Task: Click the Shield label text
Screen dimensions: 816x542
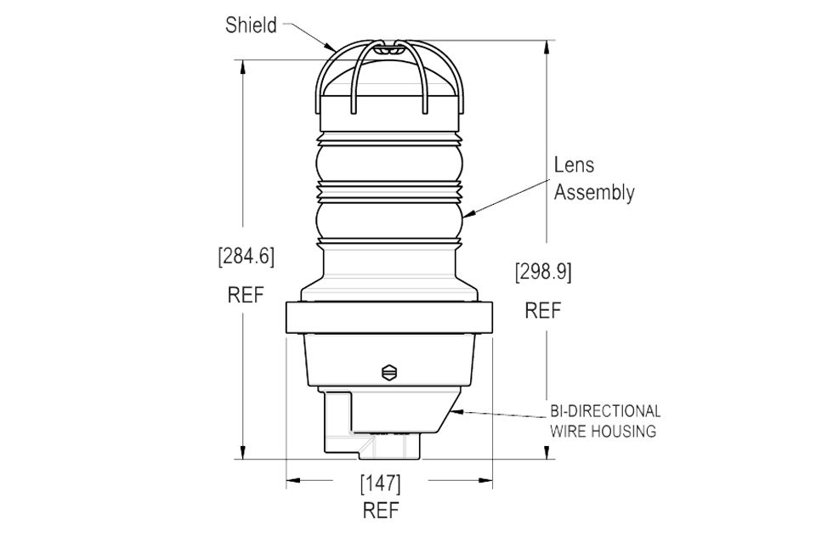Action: click(251, 25)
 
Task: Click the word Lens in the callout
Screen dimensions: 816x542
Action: click(574, 165)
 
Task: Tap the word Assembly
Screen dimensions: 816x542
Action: click(594, 192)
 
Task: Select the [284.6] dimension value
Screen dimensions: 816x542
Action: click(246, 256)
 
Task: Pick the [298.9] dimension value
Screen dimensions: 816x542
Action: click(543, 272)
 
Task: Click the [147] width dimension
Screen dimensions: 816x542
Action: click(381, 483)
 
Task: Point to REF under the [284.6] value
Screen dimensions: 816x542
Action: click(246, 295)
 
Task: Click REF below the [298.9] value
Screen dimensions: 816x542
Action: click(543, 311)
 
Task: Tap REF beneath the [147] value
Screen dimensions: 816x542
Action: click(381, 511)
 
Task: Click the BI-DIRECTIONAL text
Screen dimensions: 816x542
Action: click(605, 411)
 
